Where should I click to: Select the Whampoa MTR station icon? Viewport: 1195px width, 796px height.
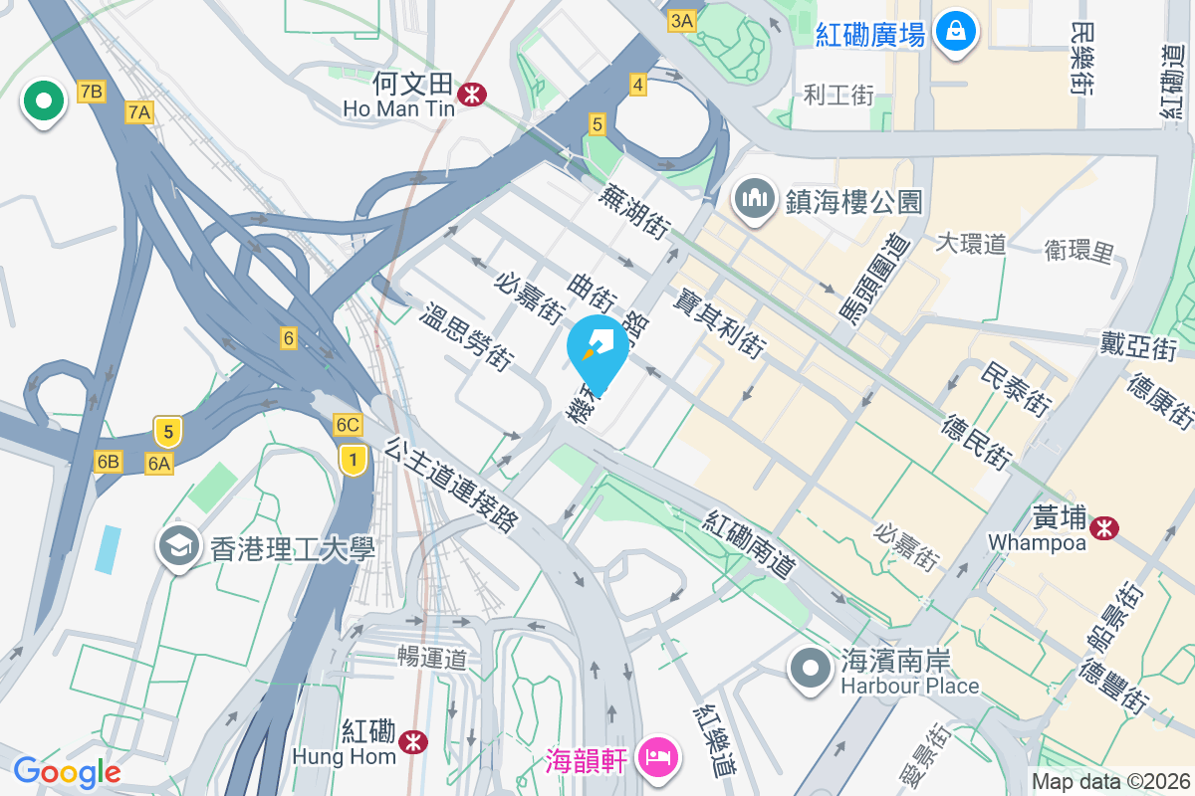point(1103,528)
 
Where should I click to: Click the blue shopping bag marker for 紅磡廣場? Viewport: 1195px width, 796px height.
point(956,32)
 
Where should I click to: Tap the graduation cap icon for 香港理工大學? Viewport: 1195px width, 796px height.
point(179,546)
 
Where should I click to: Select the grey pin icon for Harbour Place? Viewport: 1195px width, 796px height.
point(811,668)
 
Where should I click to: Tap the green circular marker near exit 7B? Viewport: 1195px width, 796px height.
point(44,99)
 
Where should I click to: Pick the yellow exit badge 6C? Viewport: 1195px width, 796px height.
point(348,425)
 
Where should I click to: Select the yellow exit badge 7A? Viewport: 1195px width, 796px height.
point(139,112)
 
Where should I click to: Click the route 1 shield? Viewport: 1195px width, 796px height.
point(352,459)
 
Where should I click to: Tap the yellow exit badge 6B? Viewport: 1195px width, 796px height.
point(108,461)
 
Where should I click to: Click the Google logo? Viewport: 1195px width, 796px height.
point(67,772)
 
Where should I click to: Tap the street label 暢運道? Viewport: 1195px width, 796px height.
point(432,658)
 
